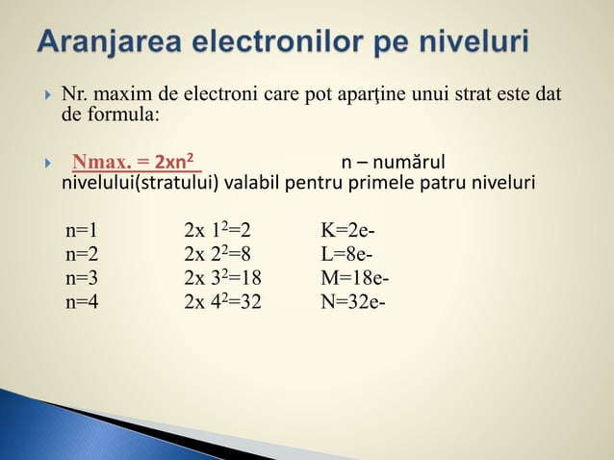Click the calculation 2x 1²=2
(x=217, y=231)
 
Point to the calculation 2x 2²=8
(x=217, y=255)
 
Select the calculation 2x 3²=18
(x=222, y=279)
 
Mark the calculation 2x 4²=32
(x=222, y=303)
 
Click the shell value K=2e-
(x=348, y=231)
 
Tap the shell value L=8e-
(x=347, y=255)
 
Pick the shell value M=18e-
(x=355, y=279)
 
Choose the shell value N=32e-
(x=353, y=303)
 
